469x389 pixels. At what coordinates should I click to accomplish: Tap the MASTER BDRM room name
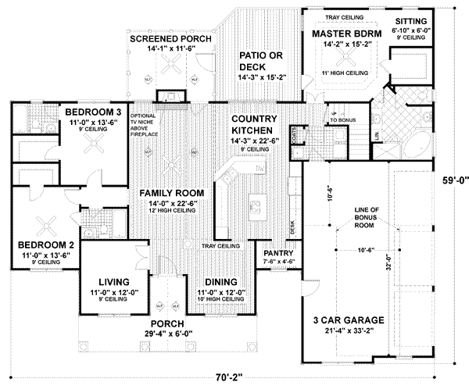click(x=345, y=35)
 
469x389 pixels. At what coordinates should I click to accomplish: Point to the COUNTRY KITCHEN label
click(x=251, y=125)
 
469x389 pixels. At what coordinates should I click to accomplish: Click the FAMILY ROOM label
click(x=172, y=192)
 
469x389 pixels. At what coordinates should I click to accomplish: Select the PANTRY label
click(x=277, y=254)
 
